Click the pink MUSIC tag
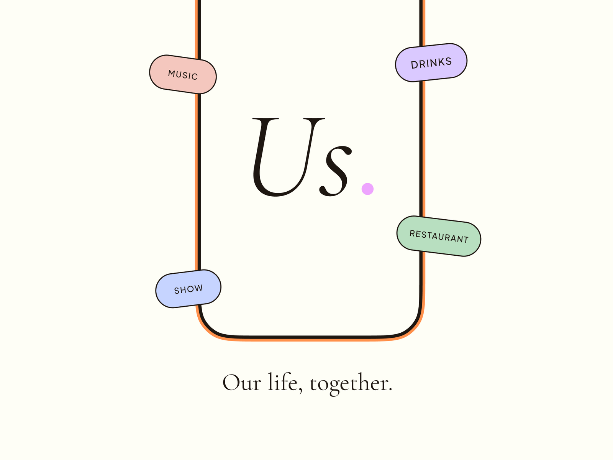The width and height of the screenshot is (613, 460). (x=183, y=74)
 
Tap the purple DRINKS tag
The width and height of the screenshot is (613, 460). (x=431, y=62)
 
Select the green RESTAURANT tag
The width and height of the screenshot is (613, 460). (x=439, y=236)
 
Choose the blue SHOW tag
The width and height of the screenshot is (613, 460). (x=188, y=289)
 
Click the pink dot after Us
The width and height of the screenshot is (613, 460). (x=367, y=189)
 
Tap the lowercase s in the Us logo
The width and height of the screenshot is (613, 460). (x=335, y=171)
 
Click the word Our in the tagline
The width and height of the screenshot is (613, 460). (x=242, y=383)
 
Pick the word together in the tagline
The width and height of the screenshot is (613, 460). (x=349, y=383)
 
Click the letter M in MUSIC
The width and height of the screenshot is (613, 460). (x=172, y=73)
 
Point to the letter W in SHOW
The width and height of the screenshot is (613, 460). (x=199, y=287)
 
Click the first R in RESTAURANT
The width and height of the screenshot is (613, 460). (x=412, y=233)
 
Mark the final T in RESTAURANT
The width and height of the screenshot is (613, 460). (x=466, y=240)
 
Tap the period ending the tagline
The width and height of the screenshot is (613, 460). (x=390, y=389)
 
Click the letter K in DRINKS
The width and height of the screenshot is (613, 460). (x=441, y=62)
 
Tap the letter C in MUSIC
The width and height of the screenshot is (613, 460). (x=195, y=76)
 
